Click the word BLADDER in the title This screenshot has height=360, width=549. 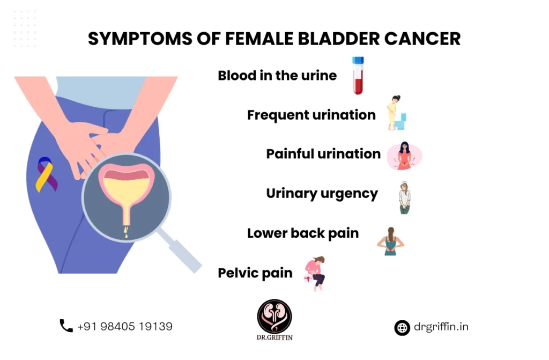(339, 39)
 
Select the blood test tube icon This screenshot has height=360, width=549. (358, 75)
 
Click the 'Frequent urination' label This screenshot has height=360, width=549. (311, 115)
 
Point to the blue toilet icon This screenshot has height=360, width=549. (400, 122)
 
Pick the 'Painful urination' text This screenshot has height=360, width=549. (323, 154)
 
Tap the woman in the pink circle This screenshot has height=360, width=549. (404, 156)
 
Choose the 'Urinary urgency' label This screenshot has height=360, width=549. (322, 194)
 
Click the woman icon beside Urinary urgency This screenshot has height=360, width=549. (405, 197)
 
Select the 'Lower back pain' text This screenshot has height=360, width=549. (303, 233)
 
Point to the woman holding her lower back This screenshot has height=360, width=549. (390, 241)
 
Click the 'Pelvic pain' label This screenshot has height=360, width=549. (255, 273)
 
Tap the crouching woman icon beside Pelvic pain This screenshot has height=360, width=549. (315, 274)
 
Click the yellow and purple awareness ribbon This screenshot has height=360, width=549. (46, 174)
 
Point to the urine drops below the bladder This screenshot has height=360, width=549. (127, 232)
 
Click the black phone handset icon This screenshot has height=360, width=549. (66, 326)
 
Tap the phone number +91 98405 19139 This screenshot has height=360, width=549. (125, 326)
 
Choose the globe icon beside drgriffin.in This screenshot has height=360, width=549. (402, 328)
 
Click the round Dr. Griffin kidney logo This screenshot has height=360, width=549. (274, 317)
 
